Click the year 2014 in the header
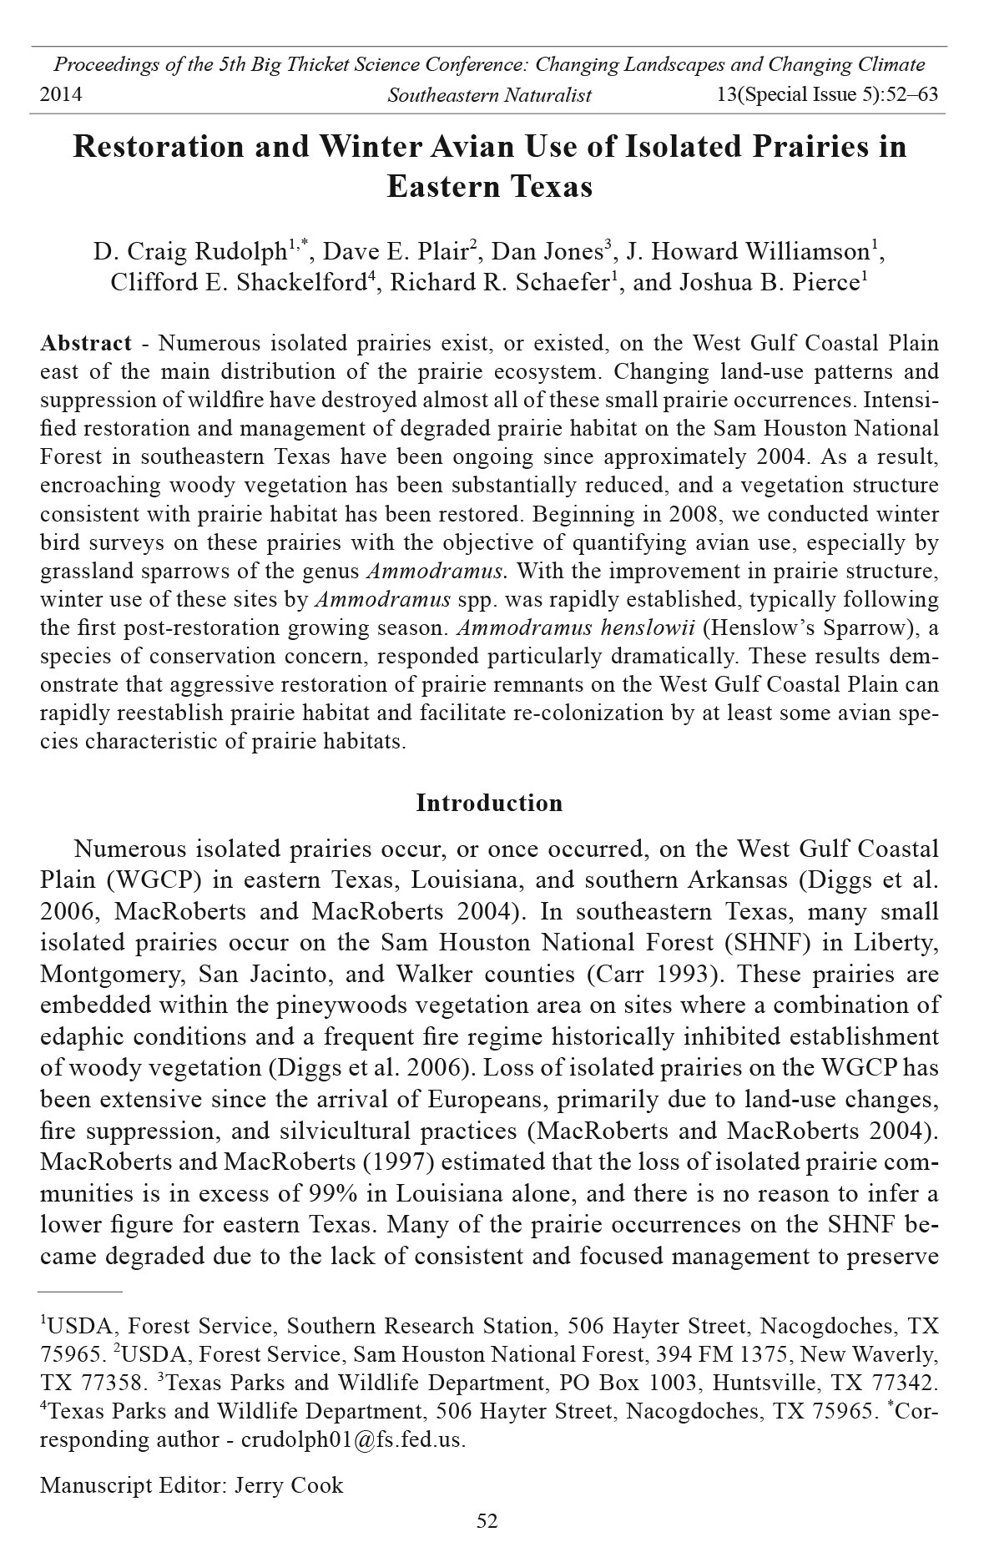(x=61, y=94)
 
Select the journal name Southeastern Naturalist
(x=489, y=95)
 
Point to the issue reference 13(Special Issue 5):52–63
(x=827, y=94)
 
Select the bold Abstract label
(x=86, y=343)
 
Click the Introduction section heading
(x=489, y=804)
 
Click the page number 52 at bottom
(x=487, y=1521)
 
